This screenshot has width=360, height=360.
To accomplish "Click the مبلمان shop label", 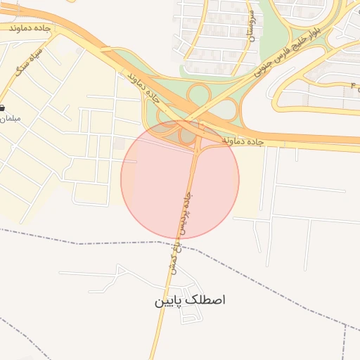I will [8, 119].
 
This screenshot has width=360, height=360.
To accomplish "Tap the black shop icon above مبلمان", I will [2, 108].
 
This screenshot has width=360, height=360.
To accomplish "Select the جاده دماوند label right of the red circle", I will [243, 141].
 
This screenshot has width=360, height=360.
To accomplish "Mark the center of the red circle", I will [180, 179].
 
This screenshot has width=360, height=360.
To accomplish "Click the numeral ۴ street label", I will [352, 84].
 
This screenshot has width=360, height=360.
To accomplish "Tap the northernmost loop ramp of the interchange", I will [200, 94].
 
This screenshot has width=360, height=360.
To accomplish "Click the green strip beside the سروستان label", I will [267, 32].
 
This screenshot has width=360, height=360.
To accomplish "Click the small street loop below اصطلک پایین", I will [189, 318].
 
